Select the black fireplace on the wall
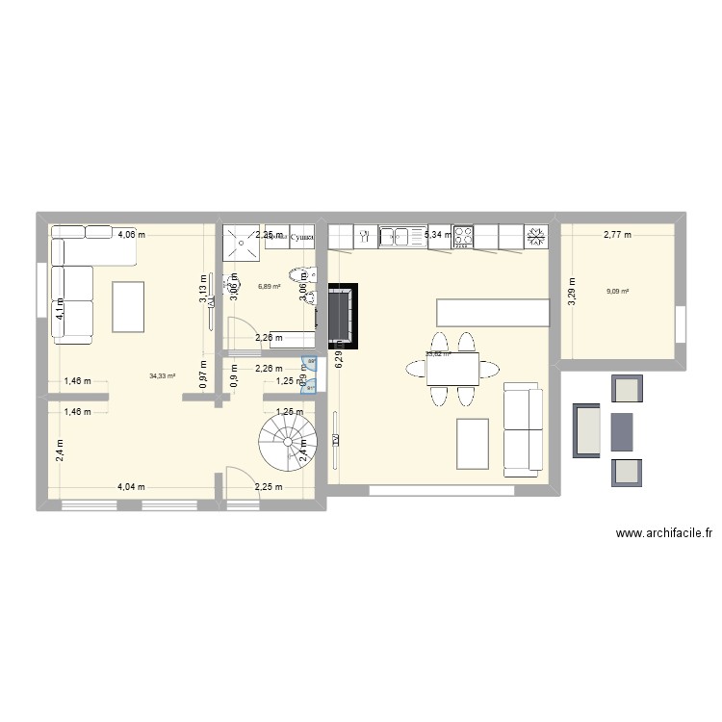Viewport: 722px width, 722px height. tap(341, 313)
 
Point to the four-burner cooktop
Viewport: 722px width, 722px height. tap(463, 235)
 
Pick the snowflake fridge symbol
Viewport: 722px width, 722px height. tap(535, 235)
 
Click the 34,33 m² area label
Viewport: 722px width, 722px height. tap(162, 375)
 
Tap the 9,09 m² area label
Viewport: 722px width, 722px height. tap(617, 292)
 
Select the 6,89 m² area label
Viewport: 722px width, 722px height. tap(269, 286)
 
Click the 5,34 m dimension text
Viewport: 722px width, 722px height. tap(438, 234)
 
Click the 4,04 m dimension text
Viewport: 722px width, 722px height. tap(131, 486)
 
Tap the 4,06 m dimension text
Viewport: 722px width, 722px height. tap(132, 233)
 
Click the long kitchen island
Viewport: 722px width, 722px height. tap(493, 312)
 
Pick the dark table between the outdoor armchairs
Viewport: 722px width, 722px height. tap(622, 430)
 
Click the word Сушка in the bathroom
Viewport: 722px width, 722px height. tap(302, 236)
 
